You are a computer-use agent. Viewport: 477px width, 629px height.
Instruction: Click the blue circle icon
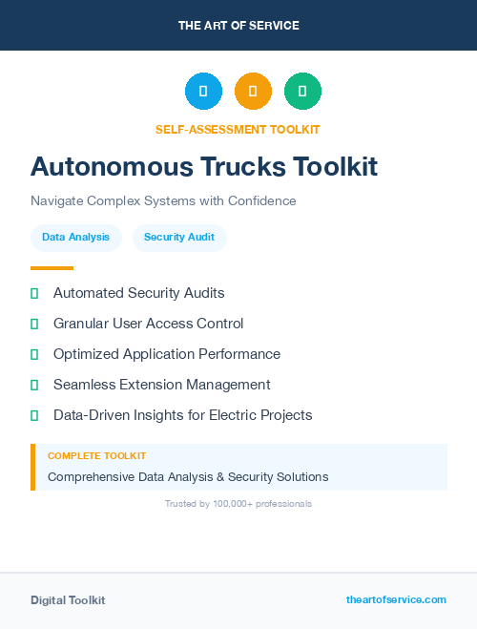203,92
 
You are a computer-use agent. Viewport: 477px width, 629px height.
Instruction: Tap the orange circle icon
253,92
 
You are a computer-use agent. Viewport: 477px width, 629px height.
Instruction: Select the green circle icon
302,92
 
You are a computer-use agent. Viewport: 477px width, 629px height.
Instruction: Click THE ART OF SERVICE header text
238,26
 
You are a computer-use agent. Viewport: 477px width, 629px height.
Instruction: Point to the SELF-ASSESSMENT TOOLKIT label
238,129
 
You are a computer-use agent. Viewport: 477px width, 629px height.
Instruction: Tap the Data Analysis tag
75,237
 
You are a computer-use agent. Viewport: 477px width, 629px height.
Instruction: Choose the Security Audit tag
179,237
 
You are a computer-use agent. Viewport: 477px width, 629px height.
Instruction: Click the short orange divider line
52,268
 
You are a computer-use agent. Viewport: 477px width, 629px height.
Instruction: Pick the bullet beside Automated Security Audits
34,293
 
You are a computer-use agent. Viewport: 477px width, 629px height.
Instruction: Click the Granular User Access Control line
148,324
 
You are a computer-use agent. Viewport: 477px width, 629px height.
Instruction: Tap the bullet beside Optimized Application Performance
34,354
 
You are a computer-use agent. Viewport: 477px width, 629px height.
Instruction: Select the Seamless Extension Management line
161,385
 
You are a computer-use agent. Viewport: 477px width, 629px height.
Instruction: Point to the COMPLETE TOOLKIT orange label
96,456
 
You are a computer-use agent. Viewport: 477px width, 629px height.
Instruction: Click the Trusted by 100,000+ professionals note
238,503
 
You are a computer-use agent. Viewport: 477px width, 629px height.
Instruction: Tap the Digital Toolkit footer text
68,600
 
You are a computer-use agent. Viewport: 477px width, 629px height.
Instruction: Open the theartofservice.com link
396,599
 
